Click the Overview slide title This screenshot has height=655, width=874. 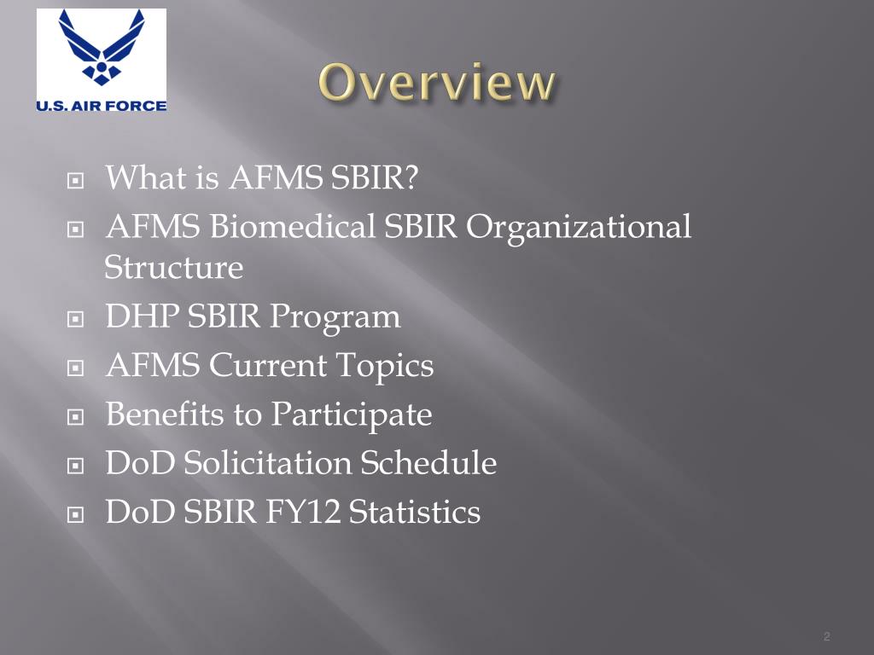pos(437,84)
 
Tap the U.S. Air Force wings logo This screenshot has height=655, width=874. pos(102,49)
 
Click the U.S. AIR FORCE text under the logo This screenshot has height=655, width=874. pos(102,105)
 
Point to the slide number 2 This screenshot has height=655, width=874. pos(827,637)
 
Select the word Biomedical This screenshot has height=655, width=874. pos(292,228)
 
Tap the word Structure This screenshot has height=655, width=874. pos(173,268)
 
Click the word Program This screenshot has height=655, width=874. pos(335,317)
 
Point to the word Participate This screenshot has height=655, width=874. pos(352,415)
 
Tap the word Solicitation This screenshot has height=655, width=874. pos(268,464)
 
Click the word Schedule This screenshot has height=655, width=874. pos(428,464)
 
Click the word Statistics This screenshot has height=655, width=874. pos(415,513)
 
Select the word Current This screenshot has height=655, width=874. pos(268,367)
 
